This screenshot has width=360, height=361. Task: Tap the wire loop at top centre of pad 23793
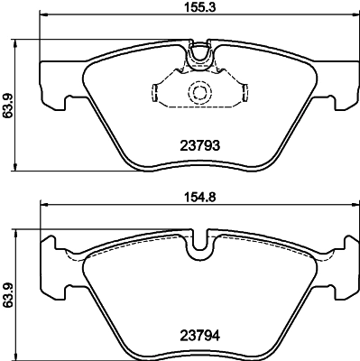point(198,57)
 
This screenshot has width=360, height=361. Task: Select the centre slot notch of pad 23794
point(198,242)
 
